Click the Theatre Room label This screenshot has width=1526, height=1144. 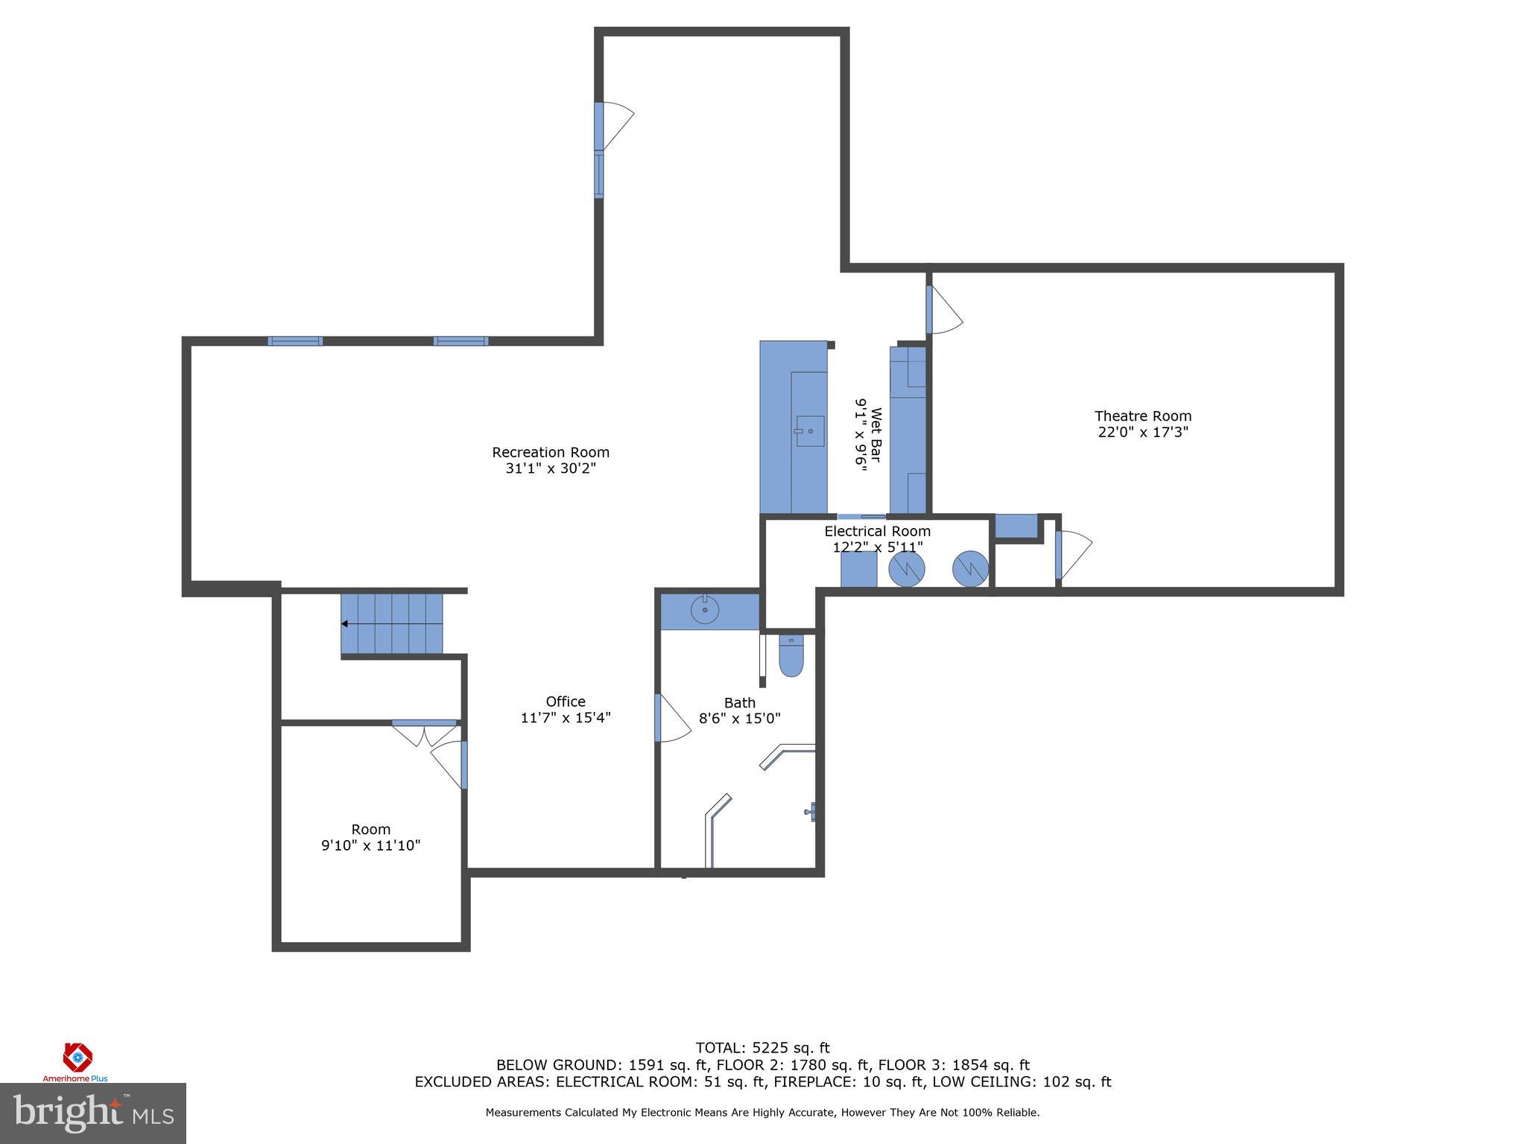pyautogui.click(x=1142, y=416)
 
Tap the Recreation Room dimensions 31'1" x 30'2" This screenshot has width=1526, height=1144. pyautogui.click(x=551, y=468)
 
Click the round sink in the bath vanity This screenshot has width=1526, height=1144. pyautogui.click(x=704, y=611)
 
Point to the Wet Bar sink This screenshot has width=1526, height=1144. pyautogui.click(x=809, y=431)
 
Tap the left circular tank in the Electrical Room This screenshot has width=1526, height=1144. pyautogui.click(x=907, y=569)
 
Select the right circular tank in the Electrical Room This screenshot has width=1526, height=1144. pyautogui.click(x=970, y=569)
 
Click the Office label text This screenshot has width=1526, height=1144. pyautogui.click(x=566, y=702)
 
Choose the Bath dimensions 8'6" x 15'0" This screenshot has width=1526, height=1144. pyautogui.click(x=739, y=719)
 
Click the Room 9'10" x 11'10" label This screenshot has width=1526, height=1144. pyautogui.click(x=371, y=837)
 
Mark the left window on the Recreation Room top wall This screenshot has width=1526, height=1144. pyautogui.click(x=295, y=341)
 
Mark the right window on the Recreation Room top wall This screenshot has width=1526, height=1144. pyautogui.click(x=460, y=341)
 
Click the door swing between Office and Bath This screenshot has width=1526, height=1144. pyautogui.click(x=673, y=718)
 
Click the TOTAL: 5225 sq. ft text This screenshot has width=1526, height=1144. pyautogui.click(x=762, y=1049)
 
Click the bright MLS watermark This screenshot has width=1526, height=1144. pyautogui.click(x=93, y=1113)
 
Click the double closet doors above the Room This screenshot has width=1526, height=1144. pyautogui.click(x=424, y=734)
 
